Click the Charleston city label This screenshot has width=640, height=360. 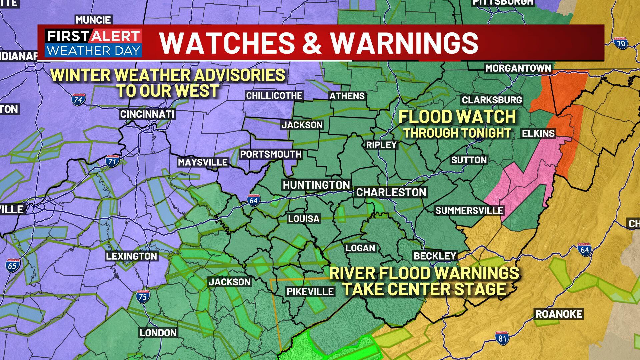coord(391,192)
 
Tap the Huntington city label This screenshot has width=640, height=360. coord(316,185)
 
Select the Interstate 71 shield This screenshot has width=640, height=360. coord(112,161)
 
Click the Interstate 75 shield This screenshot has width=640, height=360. coord(142,296)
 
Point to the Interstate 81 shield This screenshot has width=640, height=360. coord(502,338)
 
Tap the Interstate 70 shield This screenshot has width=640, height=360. coord(620,43)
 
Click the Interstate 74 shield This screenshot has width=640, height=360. coord(78,100)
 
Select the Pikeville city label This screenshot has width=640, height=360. coord(310,292)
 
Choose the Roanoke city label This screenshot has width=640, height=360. coord(559,314)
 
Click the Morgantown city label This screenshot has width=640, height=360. coord(518,68)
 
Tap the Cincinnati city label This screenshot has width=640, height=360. coord(147,114)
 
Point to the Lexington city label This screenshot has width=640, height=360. coord(131,256)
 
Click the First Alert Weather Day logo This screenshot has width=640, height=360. coord(93,43)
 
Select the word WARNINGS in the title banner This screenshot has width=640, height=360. coord(404,43)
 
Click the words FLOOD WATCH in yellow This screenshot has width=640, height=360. coord(457,117)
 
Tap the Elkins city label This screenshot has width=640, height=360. coord(538,133)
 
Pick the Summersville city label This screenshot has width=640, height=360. coord(469,211)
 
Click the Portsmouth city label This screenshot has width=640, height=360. coord(271,154)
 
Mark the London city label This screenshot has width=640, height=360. coord(158,333)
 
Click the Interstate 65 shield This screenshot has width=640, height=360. coord(13,265)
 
